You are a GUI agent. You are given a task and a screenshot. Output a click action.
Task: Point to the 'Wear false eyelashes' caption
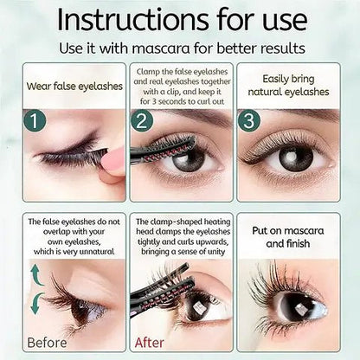click(73, 85)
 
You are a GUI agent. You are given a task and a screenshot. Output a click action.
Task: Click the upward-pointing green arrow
click(35, 276)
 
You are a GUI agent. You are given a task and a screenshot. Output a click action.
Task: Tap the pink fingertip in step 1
click(113, 162)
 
